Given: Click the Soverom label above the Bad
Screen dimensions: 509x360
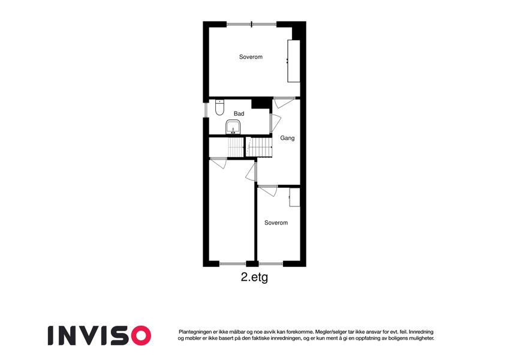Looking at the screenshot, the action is click(x=251, y=57).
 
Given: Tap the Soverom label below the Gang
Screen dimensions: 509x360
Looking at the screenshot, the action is click(x=276, y=223).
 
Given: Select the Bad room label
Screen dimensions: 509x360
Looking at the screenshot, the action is click(x=239, y=114).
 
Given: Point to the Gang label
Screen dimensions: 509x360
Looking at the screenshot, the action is click(x=287, y=138).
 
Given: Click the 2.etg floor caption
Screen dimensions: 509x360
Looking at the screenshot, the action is click(x=254, y=277).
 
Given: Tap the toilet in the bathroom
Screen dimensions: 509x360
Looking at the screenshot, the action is click(x=220, y=107).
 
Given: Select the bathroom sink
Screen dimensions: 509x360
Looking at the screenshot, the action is click(x=233, y=127).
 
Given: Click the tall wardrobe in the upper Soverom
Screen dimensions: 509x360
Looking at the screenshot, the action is click(x=293, y=61).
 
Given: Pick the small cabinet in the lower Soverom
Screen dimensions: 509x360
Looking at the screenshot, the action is click(x=294, y=197).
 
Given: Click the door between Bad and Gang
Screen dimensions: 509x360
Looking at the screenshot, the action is click(x=275, y=123).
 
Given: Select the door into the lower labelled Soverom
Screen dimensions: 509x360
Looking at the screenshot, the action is click(x=268, y=191).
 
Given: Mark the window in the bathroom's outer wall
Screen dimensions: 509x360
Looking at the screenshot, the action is click(x=206, y=110).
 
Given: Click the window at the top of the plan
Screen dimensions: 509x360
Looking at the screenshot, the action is click(x=252, y=25).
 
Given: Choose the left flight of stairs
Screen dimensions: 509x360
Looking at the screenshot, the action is click(x=236, y=147).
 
